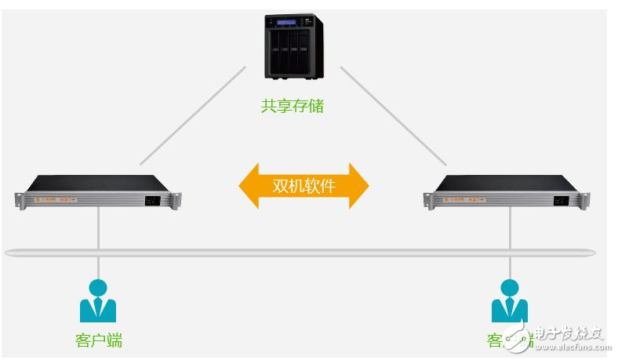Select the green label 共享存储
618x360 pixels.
(293, 106)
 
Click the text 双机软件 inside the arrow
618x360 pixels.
(304, 186)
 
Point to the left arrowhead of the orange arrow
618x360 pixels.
(249, 186)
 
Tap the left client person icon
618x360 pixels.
(98, 301)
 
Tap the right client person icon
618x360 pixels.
(509, 301)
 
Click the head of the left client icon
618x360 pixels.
(98, 286)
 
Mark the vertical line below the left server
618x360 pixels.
(98, 227)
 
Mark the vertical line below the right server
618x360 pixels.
(510, 227)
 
